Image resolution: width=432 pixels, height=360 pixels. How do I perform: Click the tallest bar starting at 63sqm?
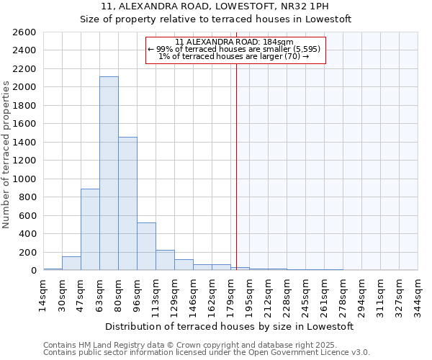click(x=109, y=174)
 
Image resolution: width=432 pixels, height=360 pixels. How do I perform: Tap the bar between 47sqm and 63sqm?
click(x=90, y=229)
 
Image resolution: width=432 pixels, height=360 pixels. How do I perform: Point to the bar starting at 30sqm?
click(x=71, y=264)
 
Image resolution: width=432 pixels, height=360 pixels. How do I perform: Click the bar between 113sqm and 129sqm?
click(x=165, y=260)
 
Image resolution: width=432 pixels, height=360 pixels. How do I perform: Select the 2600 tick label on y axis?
click(x=24, y=32)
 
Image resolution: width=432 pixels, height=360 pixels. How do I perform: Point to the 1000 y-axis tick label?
click(x=24, y=179)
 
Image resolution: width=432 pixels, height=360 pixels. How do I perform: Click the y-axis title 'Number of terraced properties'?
click(x=6, y=155)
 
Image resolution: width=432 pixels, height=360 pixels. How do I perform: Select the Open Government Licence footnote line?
click(x=207, y=353)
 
